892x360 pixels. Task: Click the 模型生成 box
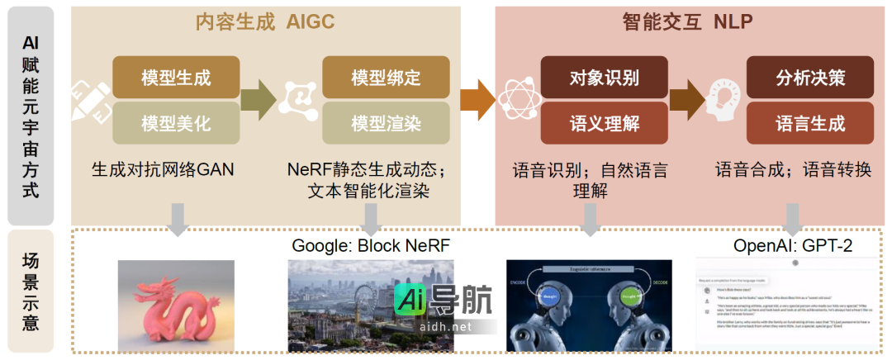176,78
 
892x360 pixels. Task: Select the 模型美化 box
176,124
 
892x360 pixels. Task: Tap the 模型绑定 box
386,78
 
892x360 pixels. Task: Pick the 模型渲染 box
386,124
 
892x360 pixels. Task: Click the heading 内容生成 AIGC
265,22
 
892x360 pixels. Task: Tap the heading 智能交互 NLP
682,22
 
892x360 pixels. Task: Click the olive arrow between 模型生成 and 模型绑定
259,99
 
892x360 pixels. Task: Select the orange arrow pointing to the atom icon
476,99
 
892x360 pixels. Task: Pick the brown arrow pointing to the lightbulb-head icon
686,99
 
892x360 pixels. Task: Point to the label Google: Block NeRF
371,245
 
